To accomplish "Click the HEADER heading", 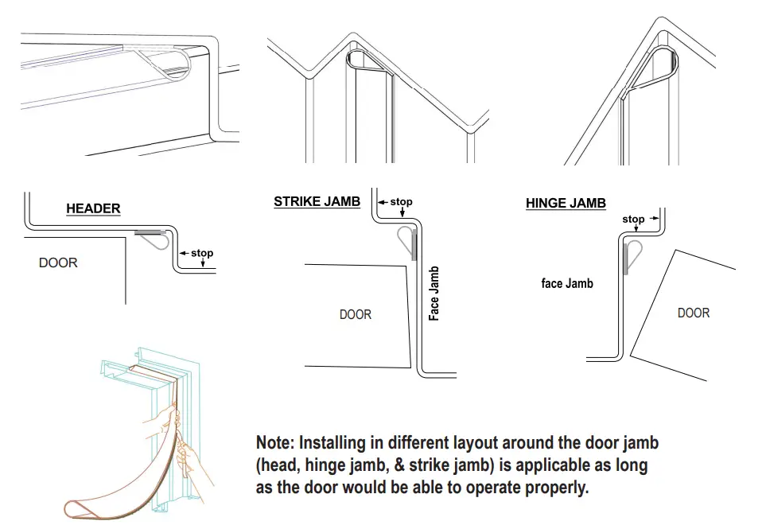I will (93, 209).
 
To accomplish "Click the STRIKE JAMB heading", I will (317, 202).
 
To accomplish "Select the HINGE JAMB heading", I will (566, 204).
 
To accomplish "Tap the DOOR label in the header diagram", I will (58, 263).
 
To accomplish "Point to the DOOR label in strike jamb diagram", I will (355, 315).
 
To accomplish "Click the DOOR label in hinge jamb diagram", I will (693, 313).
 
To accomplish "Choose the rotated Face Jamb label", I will (434, 294).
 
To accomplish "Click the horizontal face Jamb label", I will (566, 283).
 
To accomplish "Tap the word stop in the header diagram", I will (202, 254).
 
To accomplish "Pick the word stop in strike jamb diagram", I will (401, 202).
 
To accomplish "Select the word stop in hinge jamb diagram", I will (633, 220).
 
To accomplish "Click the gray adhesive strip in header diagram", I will (150, 233).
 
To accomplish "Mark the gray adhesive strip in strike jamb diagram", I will (414, 246).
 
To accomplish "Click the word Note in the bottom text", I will (274, 443).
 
